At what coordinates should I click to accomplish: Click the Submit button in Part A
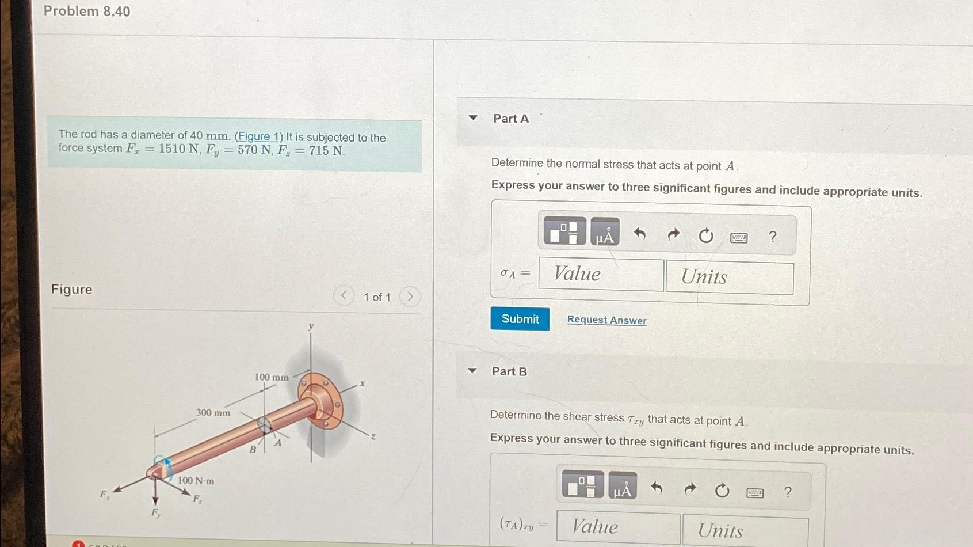pos(520,319)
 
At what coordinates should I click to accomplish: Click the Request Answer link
pos(606,320)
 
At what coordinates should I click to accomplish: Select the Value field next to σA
pos(601,275)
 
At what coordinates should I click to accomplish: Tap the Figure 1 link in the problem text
pos(258,137)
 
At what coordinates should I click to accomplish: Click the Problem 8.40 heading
pos(87,12)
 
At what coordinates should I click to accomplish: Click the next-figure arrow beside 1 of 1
pos(410,297)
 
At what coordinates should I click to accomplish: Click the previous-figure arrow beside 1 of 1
pos(344,296)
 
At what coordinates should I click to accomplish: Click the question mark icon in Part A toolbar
pos(772,236)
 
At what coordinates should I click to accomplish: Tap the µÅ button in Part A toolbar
pos(605,233)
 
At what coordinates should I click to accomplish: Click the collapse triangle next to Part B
pos(472,370)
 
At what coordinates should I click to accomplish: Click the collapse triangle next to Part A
pos(473,117)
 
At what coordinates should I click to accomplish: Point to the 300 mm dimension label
pos(213,413)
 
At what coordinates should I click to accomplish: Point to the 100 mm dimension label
pos(272,378)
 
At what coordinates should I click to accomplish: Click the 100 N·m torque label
pos(196,481)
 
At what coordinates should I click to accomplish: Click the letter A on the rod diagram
pos(278,443)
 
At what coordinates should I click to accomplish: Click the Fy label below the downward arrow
pos(155,513)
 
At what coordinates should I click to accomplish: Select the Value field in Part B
pos(618,527)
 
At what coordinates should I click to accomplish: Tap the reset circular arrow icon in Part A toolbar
pos(705,235)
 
